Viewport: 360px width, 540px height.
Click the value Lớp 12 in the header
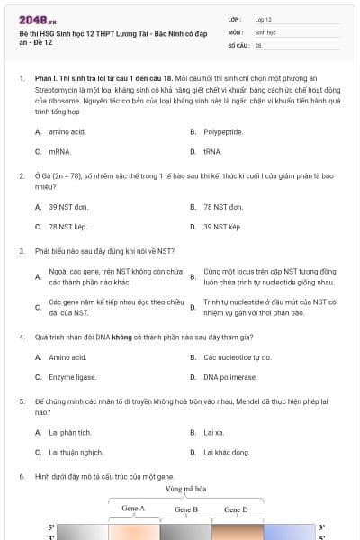click(263, 19)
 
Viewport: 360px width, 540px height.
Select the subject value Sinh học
click(265, 31)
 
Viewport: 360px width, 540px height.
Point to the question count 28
click(258, 44)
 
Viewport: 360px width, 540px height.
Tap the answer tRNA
click(212, 152)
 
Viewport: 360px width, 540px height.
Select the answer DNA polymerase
click(225, 377)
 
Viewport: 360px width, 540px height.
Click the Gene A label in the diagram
click(133, 508)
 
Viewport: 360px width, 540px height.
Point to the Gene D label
click(236, 508)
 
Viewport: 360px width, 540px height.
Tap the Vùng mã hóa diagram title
click(185, 488)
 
